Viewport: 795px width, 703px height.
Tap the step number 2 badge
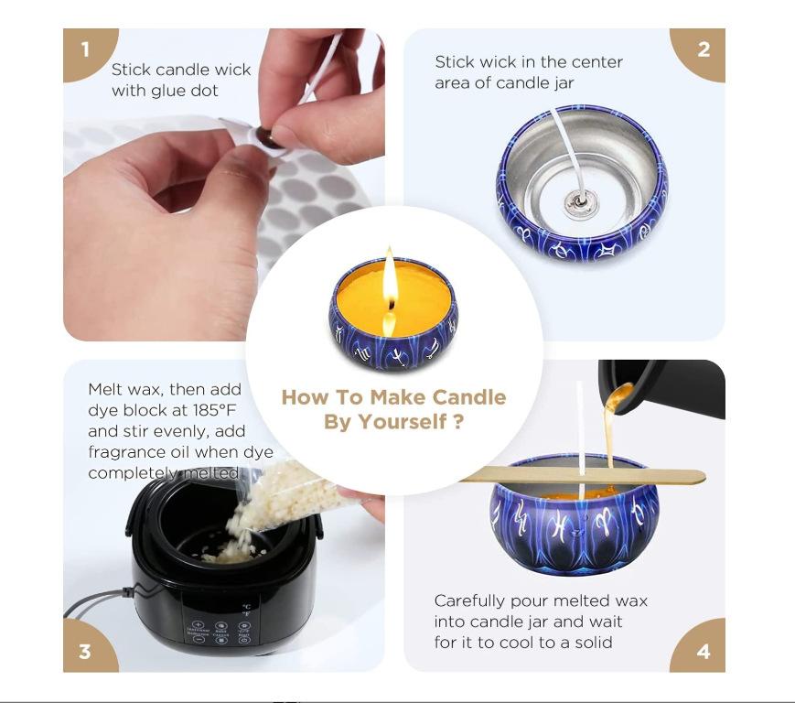[x=702, y=50]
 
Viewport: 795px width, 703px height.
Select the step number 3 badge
[x=86, y=650]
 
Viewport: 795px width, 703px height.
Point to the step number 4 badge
[x=702, y=650]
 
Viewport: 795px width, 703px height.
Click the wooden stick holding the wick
[x=582, y=475]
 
